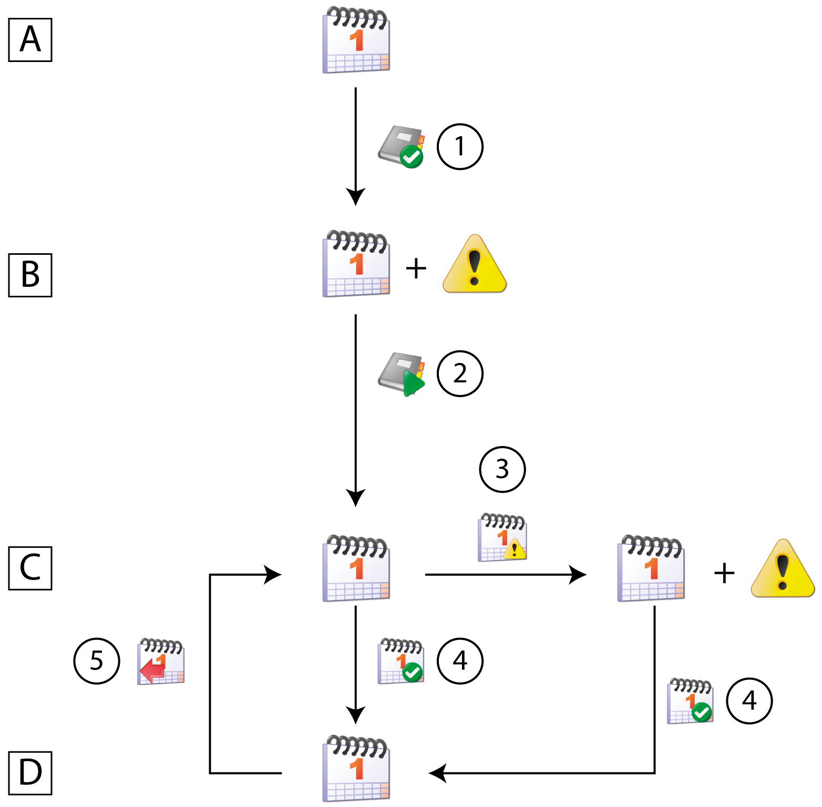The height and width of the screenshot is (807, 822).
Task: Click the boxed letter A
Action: [x=30, y=40]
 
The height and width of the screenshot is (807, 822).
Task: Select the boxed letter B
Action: [x=30, y=275]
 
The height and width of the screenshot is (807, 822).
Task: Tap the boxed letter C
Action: [x=30, y=568]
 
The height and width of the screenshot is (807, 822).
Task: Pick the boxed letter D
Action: [x=30, y=773]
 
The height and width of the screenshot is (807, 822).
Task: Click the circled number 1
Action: [x=460, y=147]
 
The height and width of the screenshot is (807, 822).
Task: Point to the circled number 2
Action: [x=460, y=374]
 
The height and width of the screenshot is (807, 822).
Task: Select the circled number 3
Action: [x=502, y=469]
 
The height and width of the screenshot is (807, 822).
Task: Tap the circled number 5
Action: [x=96, y=661]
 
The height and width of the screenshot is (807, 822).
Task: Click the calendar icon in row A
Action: [x=356, y=40]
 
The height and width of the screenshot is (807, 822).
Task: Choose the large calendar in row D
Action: [x=356, y=768]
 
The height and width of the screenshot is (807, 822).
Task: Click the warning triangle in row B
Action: [x=475, y=264]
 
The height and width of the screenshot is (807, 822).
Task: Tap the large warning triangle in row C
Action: [x=783, y=569]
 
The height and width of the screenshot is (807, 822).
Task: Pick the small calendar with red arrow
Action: [x=160, y=661]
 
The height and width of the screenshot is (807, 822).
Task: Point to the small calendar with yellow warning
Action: [x=502, y=537]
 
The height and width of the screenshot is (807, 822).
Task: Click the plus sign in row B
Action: [x=416, y=269]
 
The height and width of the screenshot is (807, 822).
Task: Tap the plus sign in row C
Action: [x=724, y=573]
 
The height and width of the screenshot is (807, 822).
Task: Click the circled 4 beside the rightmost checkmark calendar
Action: [x=749, y=701]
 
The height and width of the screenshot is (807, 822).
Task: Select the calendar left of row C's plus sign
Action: [x=651, y=568]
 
